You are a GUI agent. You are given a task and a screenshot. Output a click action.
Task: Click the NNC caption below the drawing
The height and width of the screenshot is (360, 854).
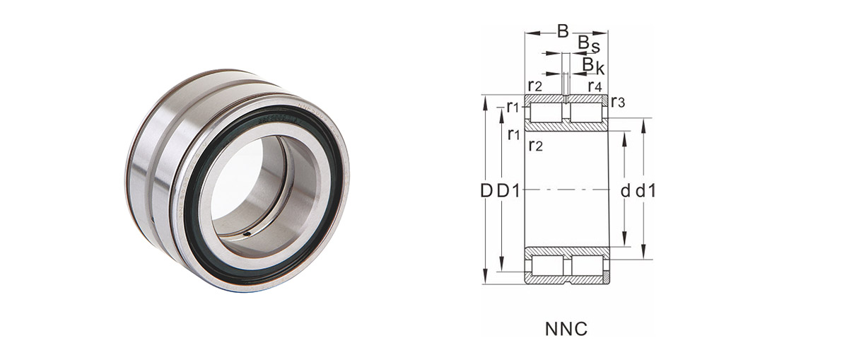(566, 329)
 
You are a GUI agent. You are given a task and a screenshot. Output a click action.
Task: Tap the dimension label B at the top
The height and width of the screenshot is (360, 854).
(563, 31)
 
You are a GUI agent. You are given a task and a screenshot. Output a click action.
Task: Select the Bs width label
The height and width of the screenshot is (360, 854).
(589, 45)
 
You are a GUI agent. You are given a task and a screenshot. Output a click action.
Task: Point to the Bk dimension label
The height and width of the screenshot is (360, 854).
(593, 65)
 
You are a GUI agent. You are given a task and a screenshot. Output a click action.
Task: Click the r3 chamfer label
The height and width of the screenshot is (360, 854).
(618, 103)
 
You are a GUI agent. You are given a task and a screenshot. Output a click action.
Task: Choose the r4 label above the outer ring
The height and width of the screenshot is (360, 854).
(595, 86)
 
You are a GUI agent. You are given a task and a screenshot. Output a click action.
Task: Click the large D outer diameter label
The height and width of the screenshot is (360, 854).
(486, 191)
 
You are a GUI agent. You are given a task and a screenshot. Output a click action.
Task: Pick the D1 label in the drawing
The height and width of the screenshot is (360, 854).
(508, 191)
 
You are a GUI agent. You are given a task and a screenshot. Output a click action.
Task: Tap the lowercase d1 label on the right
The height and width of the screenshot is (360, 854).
(645, 190)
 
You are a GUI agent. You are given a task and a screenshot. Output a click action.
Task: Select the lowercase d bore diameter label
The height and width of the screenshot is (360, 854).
(625, 191)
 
